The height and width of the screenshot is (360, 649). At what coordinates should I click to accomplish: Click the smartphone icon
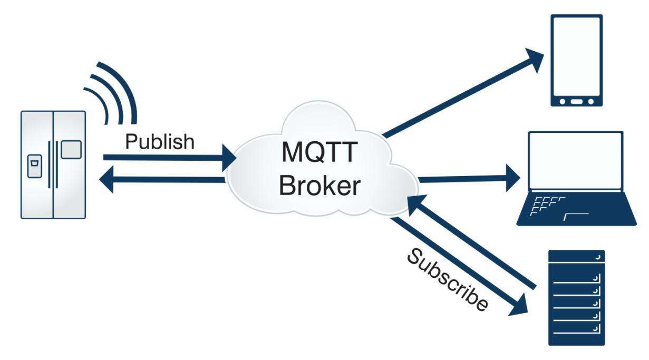(x=576, y=61)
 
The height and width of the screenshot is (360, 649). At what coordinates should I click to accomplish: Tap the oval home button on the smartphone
(x=576, y=101)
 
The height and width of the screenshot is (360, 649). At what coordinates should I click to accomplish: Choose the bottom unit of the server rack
(x=576, y=337)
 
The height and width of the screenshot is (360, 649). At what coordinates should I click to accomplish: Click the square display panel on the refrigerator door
(x=71, y=150)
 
